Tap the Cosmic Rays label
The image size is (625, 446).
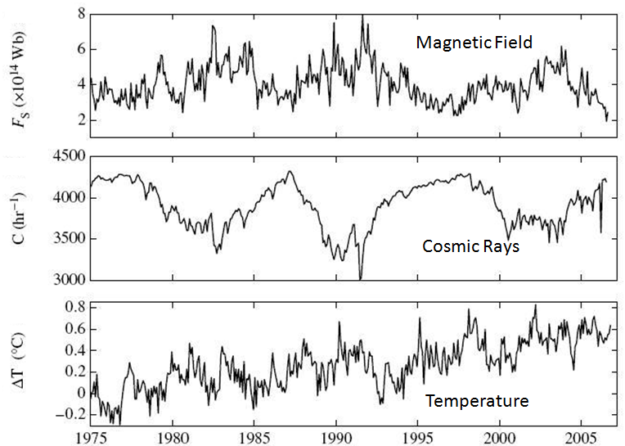(x=470, y=246)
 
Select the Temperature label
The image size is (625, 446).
(x=476, y=401)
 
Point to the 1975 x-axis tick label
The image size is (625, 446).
(x=91, y=435)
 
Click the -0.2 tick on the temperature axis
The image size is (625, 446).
(x=72, y=414)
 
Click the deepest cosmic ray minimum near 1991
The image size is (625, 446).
(x=360, y=278)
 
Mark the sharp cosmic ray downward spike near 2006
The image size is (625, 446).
(x=601, y=232)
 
